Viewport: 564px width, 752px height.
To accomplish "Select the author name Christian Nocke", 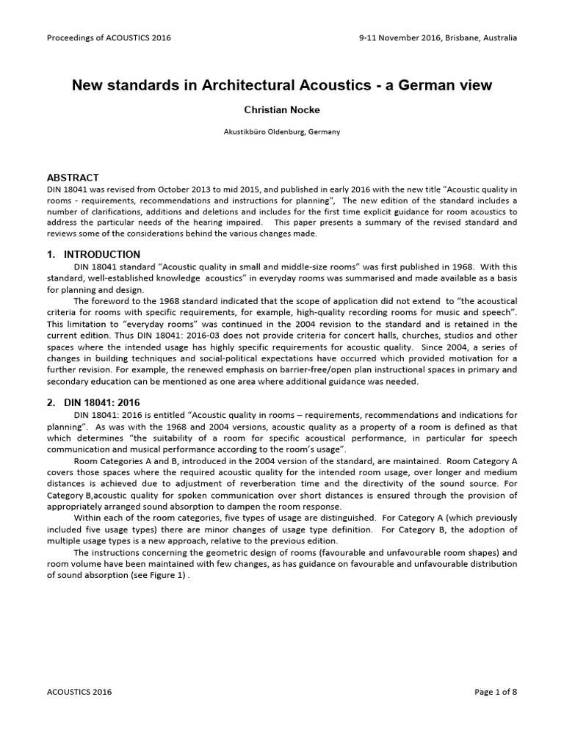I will pos(281,109).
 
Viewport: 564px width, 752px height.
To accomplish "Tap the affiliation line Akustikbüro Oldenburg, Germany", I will pos(281,132).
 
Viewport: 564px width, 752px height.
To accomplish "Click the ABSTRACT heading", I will pos(73,178).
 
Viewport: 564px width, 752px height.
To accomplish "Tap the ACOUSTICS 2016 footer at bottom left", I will pos(79,692).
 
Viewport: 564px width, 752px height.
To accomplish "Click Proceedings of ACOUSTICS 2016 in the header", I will pos(109,37).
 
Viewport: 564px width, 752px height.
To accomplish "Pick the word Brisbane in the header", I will pos(462,37).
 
